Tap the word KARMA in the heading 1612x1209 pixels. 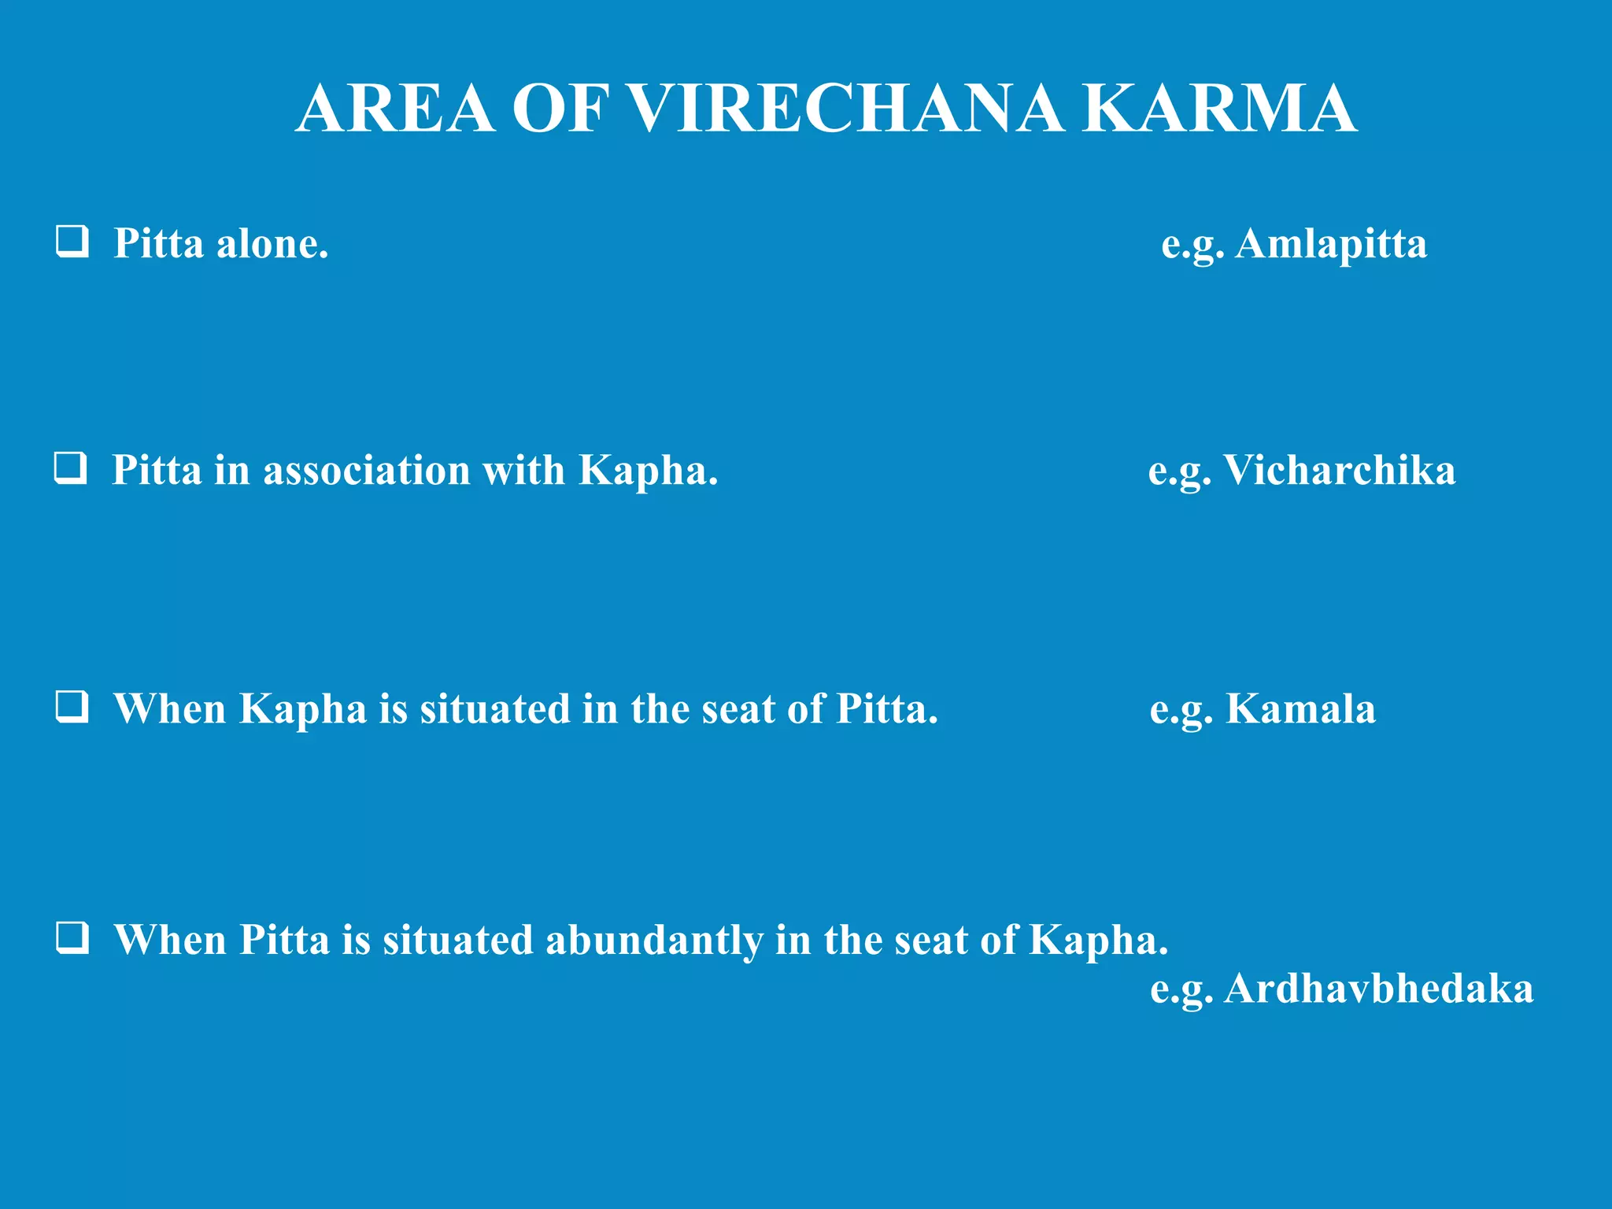pos(1219,109)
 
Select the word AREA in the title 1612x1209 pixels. pos(396,109)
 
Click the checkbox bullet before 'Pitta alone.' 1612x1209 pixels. pos(72,242)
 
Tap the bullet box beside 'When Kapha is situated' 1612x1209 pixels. pos(72,707)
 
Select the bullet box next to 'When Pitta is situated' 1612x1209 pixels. pos(72,937)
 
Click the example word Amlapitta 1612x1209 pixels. pos(1331,243)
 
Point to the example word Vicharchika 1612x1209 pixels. pos(1339,470)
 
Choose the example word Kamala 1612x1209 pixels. pos(1300,708)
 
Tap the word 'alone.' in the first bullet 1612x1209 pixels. pos(272,243)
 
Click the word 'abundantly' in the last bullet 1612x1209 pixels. pos(654,940)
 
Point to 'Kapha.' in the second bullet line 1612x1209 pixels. pos(649,470)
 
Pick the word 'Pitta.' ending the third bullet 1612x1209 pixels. pos(887,708)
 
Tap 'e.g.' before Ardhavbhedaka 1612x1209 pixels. pos(1181,989)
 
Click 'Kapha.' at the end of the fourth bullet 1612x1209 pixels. pos(1099,940)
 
